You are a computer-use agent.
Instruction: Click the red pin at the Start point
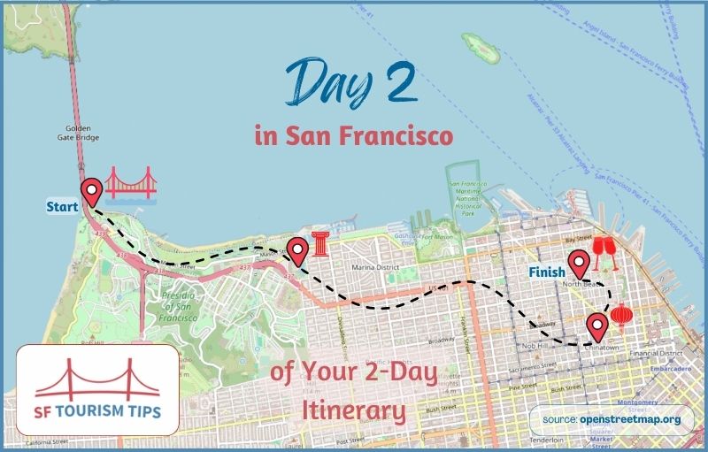90,192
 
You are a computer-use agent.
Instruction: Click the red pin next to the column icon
297,251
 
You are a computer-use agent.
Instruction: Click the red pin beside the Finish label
579,264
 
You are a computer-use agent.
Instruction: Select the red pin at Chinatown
597,326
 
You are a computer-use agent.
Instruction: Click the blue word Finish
547,272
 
